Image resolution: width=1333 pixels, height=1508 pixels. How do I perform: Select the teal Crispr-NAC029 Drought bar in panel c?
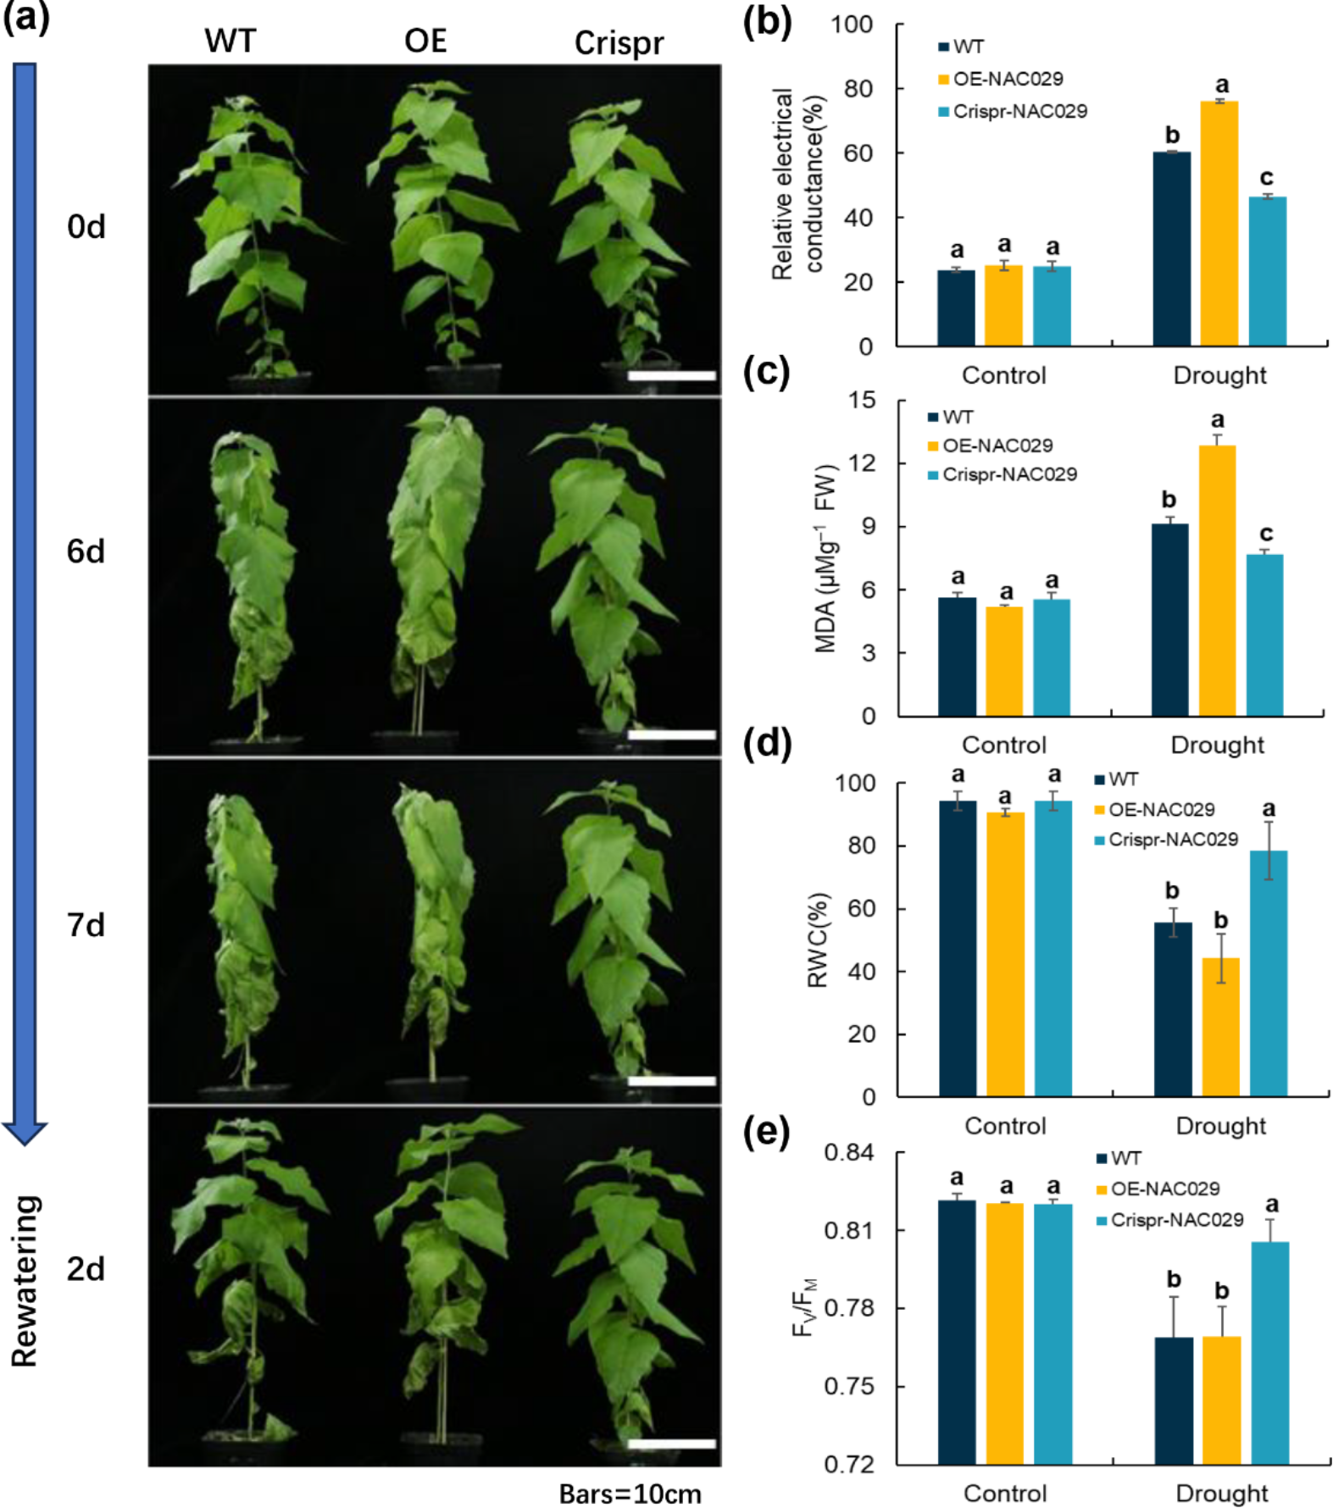click(1264, 635)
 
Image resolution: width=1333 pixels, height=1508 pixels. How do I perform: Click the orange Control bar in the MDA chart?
click(1004, 661)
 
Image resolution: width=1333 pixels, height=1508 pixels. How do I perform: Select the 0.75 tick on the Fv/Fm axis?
click(849, 1387)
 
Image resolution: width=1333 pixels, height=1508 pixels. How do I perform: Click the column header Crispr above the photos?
click(619, 42)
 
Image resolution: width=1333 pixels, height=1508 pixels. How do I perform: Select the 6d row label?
click(86, 552)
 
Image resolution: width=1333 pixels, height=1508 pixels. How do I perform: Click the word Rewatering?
click(25, 1281)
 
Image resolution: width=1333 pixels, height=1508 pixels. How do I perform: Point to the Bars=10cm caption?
click(630, 1493)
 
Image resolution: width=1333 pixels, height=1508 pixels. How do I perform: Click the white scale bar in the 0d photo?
click(671, 374)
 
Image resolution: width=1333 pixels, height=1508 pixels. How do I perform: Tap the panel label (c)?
click(765, 371)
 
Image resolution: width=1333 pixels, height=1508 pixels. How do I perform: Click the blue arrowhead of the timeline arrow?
click(25, 1133)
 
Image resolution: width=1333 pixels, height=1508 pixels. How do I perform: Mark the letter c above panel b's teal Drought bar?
click(1266, 178)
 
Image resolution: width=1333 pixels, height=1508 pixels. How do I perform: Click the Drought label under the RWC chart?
click(1220, 1126)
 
